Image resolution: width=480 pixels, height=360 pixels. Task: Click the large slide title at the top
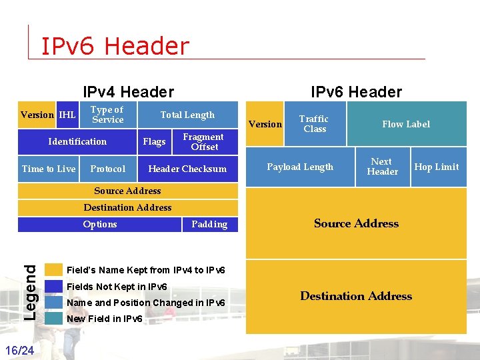(115, 46)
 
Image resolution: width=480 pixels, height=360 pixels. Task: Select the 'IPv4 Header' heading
(128, 92)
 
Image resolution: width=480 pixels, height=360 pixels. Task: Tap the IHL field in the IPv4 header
(67, 115)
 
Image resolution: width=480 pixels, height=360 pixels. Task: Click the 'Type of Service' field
(107, 115)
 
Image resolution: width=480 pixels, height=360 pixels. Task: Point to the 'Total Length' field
(187, 115)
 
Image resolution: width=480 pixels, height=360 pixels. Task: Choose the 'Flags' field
(154, 141)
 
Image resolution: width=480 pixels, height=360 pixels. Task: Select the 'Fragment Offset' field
(203, 141)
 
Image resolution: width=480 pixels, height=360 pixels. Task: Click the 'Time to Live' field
(49, 169)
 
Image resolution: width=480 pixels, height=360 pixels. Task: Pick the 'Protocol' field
(107, 169)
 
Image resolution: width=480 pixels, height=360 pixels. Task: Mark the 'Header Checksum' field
(187, 169)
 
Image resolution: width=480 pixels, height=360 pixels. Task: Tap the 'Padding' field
(209, 225)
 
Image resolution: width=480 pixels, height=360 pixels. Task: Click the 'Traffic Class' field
(314, 124)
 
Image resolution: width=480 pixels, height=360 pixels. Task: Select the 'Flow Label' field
(406, 124)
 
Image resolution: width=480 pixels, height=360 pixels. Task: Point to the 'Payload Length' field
(300, 167)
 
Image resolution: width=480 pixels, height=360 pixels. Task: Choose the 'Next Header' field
(382, 167)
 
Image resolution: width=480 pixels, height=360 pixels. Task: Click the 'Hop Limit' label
(437, 167)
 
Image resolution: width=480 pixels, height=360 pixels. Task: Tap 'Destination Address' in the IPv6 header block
(356, 296)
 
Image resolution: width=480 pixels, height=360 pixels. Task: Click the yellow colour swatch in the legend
(53, 270)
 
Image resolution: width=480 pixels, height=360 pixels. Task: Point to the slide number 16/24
(20, 350)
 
